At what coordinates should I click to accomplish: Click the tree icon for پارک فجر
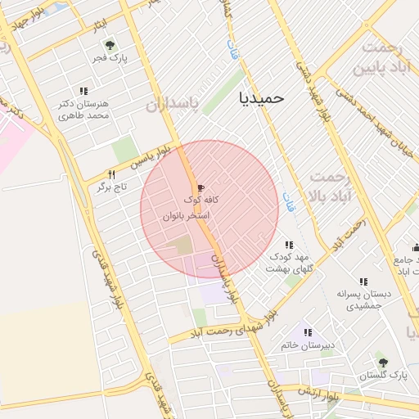coord(109,45)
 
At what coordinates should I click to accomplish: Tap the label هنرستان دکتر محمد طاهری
coord(83,110)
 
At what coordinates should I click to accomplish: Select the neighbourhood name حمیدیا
coord(262,97)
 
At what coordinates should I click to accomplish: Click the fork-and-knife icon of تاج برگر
coord(112,174)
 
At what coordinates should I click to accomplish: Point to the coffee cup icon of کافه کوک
coord(200,187)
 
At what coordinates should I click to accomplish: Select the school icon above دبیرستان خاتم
coord(308,332)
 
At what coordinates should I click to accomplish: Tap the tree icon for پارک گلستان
coord(382,362)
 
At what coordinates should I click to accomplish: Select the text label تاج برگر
coord(103,187)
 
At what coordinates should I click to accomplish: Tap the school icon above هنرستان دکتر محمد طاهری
coord(83,91)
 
